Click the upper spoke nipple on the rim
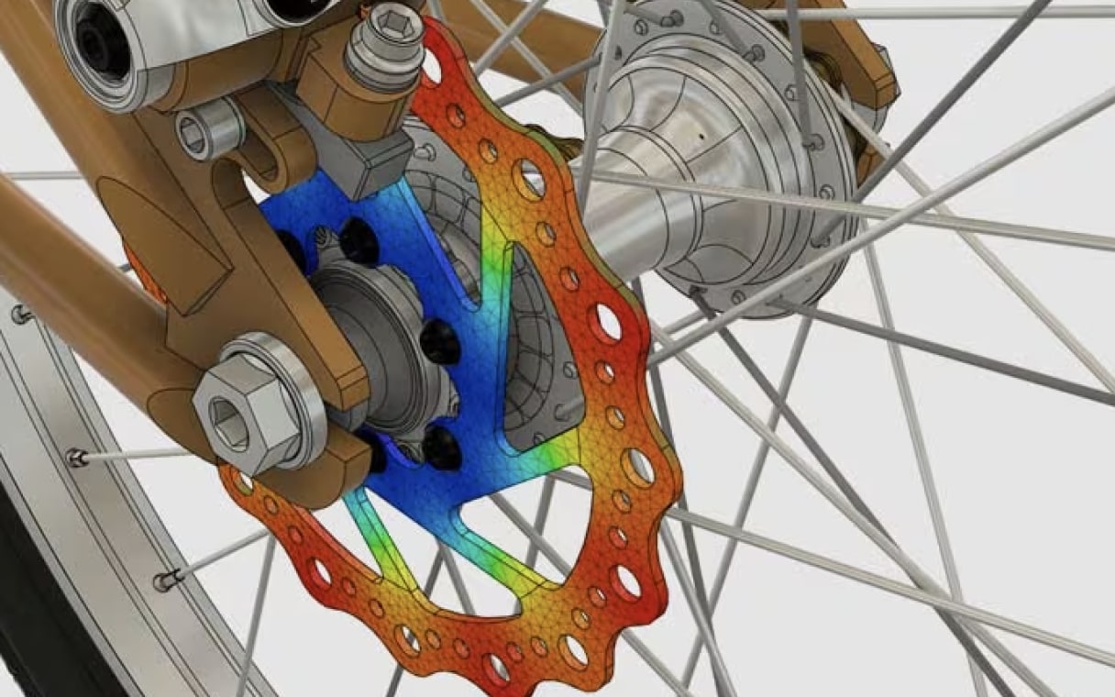point(78,457)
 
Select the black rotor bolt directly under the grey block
point(359,243)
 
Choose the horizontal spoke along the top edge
point(917,13)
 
